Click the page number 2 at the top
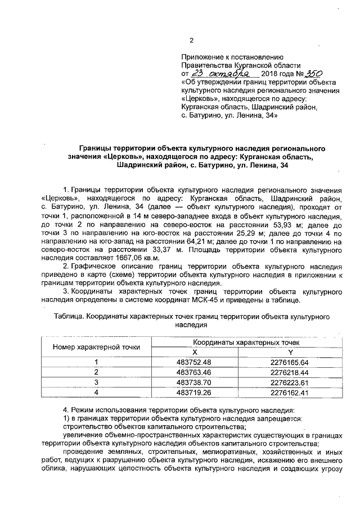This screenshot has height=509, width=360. coord(191,40)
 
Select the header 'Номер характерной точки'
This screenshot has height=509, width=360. coord(97,346)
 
